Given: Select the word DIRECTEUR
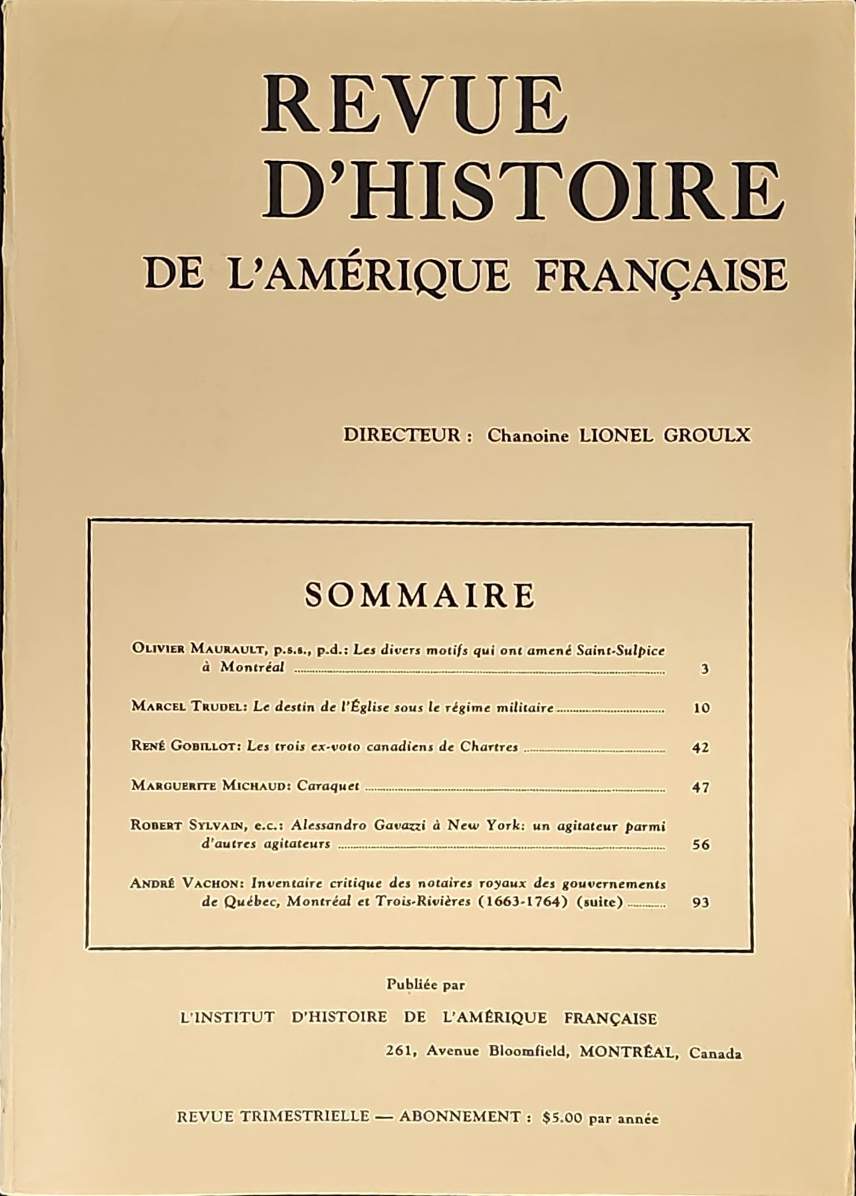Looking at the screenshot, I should pyautogui.click(x=402, y=435).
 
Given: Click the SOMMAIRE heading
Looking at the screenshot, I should pyautogui.click(x=420, y=595).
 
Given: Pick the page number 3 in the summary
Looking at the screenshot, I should pyautogui.click(x=704, y=670).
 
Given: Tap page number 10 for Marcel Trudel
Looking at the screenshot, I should pyautogui.click(x=701, y=708).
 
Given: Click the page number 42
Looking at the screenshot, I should pyautogui.click(x=701, y=747).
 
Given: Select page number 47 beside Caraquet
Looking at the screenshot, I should pyautogui.click(x=701, y=788).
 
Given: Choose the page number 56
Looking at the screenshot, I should pyautogui.click(x=701, y=845).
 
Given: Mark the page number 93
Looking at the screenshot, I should pyautogui.click(x=701, y=903).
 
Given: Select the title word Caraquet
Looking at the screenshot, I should pyautogui.click(x=328, y=786).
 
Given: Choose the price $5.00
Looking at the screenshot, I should pyautogui.click(x=562, y=1118).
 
